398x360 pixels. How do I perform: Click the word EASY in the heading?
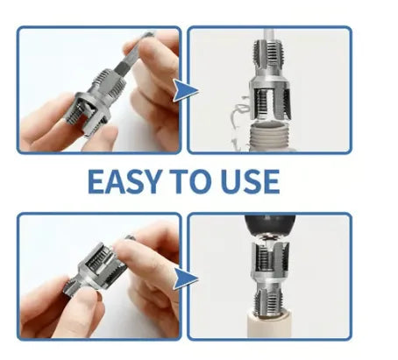124,181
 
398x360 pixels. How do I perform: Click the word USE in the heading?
250,181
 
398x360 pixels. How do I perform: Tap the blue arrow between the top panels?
185,90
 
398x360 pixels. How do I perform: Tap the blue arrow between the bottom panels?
185,279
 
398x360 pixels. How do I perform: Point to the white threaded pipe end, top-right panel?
269,136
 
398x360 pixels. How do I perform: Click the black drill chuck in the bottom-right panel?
270,226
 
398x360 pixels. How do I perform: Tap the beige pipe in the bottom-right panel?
269,326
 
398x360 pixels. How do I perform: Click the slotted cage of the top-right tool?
270,102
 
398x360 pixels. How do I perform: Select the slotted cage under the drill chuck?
270,258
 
